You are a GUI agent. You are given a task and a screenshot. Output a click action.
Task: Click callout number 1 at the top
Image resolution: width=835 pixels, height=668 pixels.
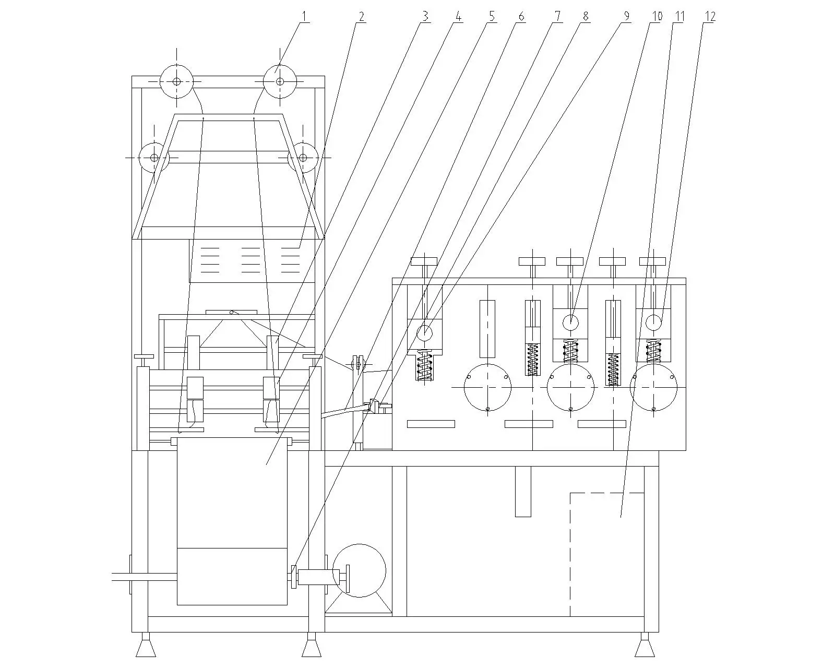pyautogui.click(x=304, y=16)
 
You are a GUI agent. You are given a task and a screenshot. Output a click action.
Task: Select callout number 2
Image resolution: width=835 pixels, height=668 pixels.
pyautogui.click(x=361, y=16)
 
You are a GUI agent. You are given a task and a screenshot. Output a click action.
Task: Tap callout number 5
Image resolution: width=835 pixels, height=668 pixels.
pyautogui.click(x=492, y=16)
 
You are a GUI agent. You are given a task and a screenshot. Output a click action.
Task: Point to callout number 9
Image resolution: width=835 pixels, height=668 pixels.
pyautogui.click(x=626, y=16)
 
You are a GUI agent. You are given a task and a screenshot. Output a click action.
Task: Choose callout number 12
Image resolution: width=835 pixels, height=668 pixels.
pyautogui.click(x=710, y=16)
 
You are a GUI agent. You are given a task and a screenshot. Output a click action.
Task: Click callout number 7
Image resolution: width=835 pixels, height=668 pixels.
pyautogui.click(x=557, y=16)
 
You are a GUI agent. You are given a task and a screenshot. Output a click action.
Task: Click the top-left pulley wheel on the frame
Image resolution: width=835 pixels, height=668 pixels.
pyautogui.click(x=176, y=81)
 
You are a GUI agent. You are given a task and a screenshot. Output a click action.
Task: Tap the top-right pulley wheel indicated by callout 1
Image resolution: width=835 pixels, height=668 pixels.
pyautogui.click(x=280, y=81)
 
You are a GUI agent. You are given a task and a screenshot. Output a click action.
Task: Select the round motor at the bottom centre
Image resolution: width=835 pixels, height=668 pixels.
pyautogui.click(x=359, y=570)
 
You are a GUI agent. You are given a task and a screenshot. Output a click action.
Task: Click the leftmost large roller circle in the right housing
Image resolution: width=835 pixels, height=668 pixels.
pyautogui.click(x=488, y=387)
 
